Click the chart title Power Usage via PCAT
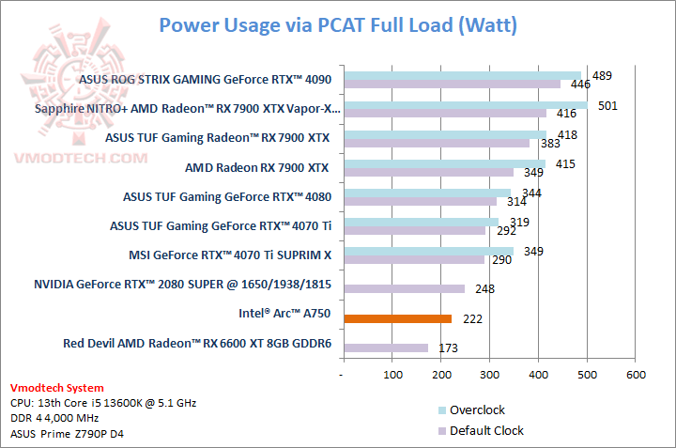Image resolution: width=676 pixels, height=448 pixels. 338,24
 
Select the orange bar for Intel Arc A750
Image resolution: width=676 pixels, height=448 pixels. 398,318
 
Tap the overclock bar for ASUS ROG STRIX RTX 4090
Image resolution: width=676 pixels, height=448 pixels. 462,75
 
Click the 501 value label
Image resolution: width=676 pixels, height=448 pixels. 607,105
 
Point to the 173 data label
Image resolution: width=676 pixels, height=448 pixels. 448,348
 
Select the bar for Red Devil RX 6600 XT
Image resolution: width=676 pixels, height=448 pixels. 386,348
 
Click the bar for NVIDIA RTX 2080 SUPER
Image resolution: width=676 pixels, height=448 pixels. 405,288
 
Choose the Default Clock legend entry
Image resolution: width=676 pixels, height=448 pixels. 486,431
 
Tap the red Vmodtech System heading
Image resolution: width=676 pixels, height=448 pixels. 57,388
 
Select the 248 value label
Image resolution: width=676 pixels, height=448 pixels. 485,289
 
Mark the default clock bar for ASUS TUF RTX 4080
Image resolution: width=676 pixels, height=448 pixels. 420,201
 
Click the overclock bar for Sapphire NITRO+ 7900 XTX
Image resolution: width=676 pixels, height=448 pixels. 466,104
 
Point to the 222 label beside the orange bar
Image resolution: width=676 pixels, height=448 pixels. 473,319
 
